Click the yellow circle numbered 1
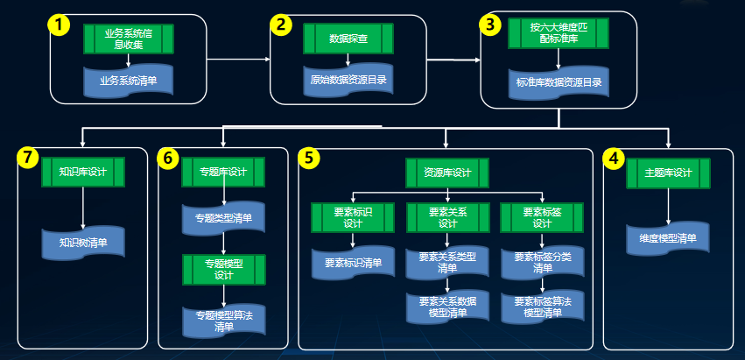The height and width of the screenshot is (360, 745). (x=59, y=25)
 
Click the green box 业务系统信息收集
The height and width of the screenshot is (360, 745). (x=129, y=39)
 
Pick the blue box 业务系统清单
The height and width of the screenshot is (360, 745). (x=129, y=80)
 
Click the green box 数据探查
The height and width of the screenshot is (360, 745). (x=348, y=39)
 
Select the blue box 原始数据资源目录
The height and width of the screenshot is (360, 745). (x=348, y=80)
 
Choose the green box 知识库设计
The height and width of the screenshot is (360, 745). (x=83, y=172)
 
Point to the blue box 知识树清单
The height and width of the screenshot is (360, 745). (x=83, y=242)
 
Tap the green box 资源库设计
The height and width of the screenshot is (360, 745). (x=446, y=173)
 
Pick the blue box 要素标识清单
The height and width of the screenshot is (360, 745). (x=353, y=262)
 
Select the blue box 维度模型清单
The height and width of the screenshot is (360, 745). (x=668, y=238)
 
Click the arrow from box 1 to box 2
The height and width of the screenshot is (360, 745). (x=238, y=60)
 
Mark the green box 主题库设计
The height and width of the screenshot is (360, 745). (x=668, y=172)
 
